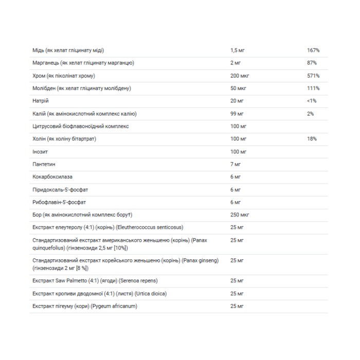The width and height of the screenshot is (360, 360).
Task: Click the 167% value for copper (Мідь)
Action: coord(313,50)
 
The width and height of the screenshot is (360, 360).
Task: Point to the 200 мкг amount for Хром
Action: coord(239,76)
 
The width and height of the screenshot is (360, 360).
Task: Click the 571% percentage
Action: coord(313,76)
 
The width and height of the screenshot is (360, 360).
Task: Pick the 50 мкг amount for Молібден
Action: coord(238,88)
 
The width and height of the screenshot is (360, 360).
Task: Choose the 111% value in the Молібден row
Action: coord(313,88)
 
